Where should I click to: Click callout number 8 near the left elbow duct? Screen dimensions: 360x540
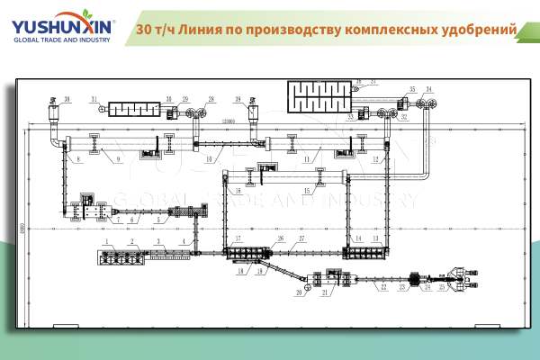point(78,159)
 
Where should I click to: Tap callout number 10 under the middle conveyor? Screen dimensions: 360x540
point(208,159)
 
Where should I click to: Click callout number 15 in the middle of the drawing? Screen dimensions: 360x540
point(307,191)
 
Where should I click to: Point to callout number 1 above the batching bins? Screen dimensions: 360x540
point(105,242)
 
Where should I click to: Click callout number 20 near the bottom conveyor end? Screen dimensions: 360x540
point(299,292)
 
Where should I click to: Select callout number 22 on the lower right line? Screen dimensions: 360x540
point(382,288)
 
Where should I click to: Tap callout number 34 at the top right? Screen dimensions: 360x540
point(429,89)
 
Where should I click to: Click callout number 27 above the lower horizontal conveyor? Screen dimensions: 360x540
point(301,238)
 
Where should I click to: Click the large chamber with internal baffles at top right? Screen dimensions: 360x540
point(320,94)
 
